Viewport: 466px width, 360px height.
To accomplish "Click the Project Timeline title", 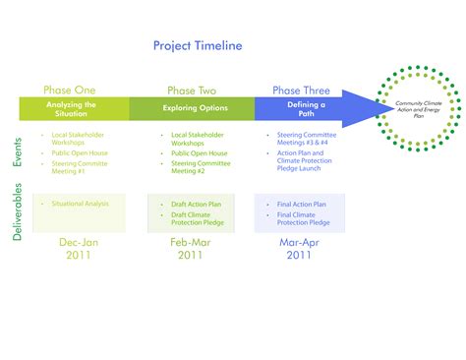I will [x=197, y=45].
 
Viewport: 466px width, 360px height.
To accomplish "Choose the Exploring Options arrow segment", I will [x=192, y=107].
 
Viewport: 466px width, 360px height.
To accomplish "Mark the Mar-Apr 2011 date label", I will [x=297, y=248].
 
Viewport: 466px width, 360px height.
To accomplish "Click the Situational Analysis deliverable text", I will [x=81, y=204].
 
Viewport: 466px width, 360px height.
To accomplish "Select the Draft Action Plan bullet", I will [x=197, y=204].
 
